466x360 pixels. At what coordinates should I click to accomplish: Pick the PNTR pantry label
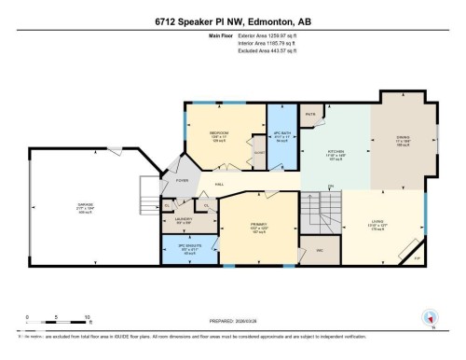tap(310, 115)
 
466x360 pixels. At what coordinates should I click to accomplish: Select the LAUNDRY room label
tap(184, 220)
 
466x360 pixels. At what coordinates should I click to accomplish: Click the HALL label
tap(220, 185)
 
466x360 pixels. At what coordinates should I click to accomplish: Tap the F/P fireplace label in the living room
tap(418, 256)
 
